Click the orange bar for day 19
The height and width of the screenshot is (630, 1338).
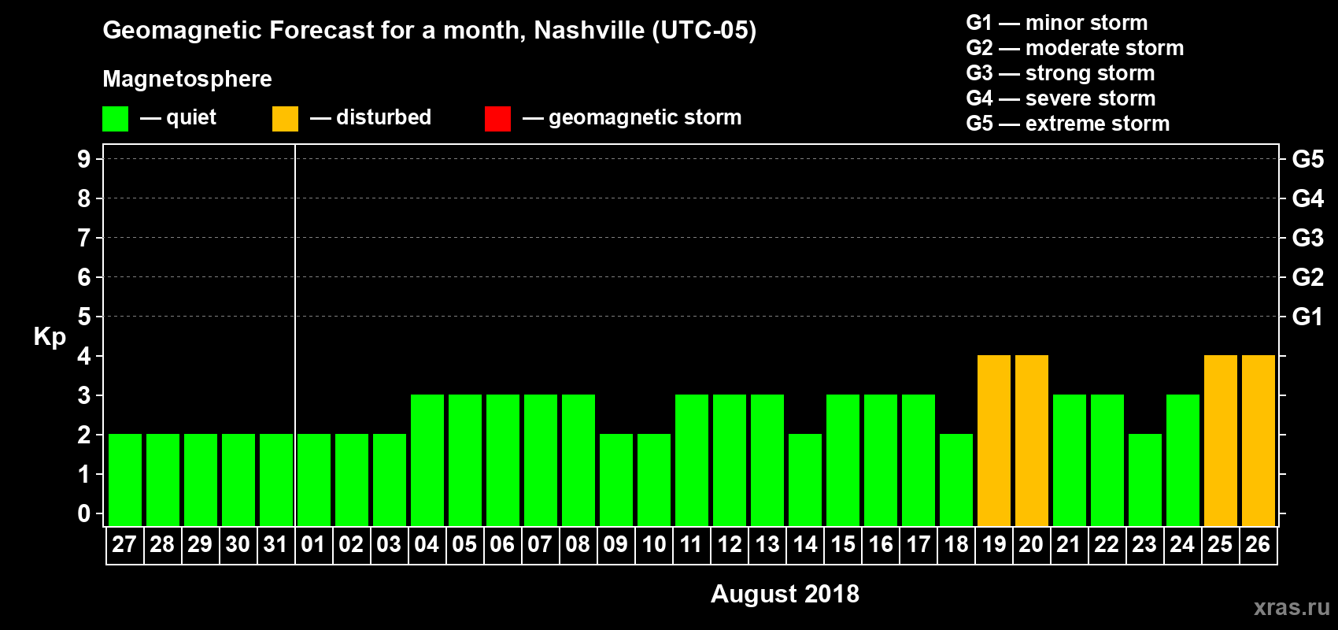994,440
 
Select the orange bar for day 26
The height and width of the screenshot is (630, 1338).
1259,440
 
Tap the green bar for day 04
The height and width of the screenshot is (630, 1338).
427,460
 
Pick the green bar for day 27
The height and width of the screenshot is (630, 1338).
125,480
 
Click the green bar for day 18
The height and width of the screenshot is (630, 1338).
956,480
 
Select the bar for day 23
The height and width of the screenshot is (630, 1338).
1145,480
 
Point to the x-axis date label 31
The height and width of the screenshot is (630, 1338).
275,545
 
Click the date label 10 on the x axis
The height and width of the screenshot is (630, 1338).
654,545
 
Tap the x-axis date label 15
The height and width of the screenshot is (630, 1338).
843,545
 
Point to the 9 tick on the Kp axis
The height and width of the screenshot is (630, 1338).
84,159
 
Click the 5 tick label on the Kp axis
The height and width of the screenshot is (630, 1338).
84,317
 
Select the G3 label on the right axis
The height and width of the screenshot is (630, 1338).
1307,238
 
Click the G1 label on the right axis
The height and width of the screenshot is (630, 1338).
1307,317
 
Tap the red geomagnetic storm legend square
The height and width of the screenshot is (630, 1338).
497,119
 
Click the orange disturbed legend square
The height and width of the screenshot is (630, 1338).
285,119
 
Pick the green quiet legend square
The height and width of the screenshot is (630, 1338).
115,119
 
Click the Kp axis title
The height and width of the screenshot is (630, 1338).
50,336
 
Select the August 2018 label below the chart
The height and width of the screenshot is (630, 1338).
785,594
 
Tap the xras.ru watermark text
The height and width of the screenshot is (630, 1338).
1292,607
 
